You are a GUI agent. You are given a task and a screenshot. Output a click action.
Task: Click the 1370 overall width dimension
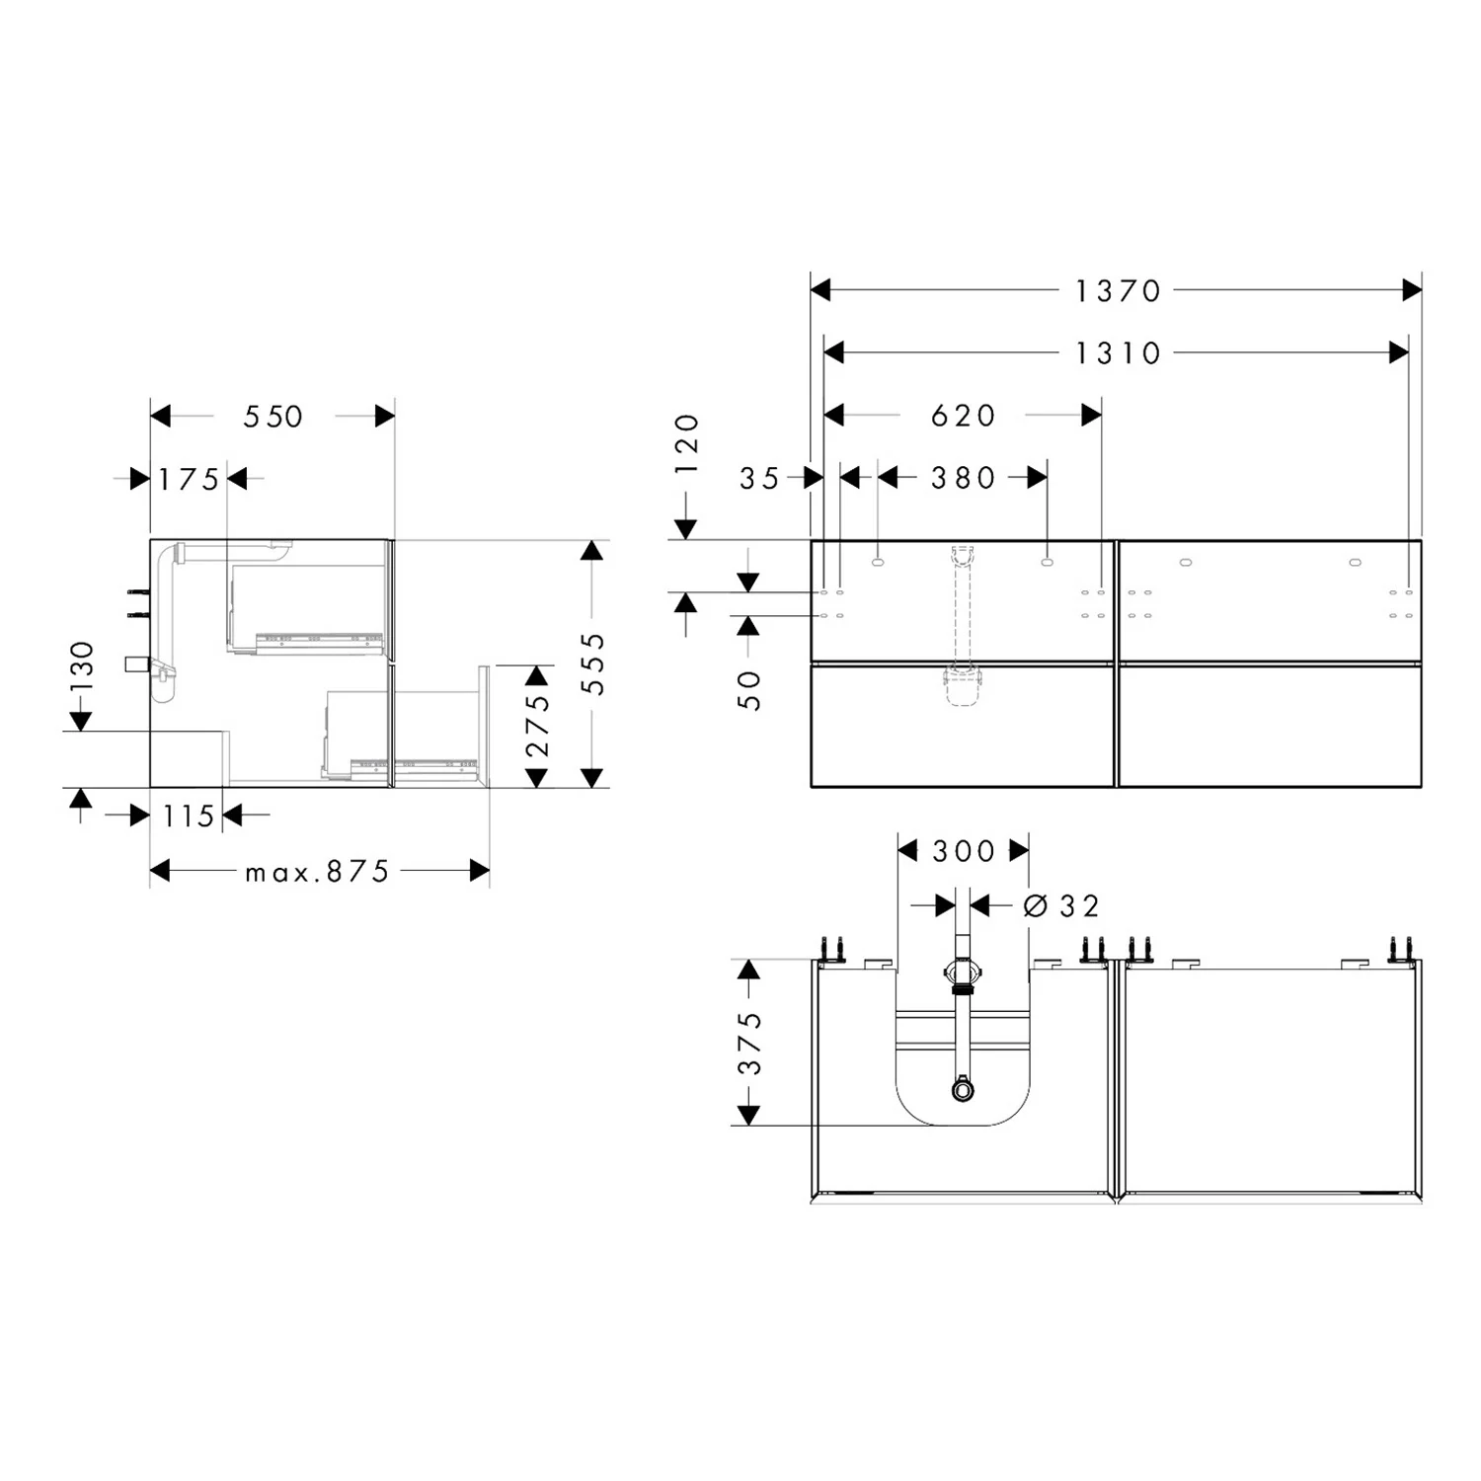(x=1118, y=291)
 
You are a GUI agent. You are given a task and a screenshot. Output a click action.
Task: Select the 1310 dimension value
(x=1118, y=352)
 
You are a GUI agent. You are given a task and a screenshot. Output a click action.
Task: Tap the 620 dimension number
(x=963, y=416)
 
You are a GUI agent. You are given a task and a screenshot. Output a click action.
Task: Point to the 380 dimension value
(x=963, y=478)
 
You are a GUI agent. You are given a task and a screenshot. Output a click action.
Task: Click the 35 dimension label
(x=759, y=479)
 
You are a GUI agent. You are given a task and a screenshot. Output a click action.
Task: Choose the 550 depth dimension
(x=273, y=417)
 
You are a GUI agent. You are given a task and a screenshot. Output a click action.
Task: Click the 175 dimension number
(x=190, y=480)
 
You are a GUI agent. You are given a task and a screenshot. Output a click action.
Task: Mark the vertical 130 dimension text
(x=82, y=666)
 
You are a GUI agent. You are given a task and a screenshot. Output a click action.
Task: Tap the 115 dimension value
(x=189, y=817)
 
